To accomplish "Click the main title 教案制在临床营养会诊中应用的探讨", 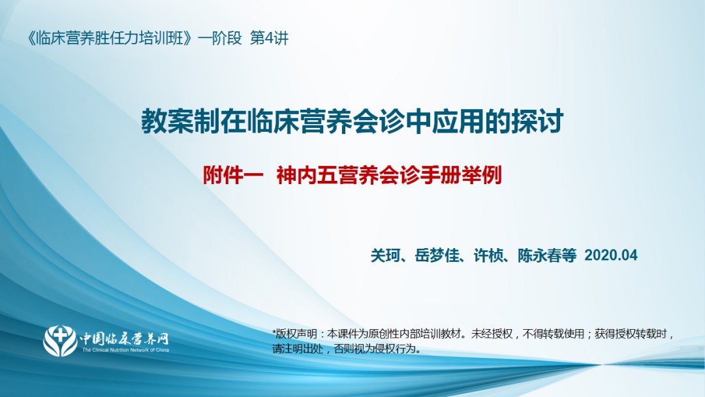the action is point(352,121).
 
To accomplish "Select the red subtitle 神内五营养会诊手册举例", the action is point(389,176).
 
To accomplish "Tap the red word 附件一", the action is point(233,176).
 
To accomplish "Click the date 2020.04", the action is point(610,255).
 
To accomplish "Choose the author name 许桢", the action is point(488,255).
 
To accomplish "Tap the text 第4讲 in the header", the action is point(269,39).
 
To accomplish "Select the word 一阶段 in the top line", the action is point(220,39).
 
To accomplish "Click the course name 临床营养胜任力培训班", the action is point(110,39).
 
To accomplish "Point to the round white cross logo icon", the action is point(60,341).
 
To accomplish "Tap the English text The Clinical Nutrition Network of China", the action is point(125,350).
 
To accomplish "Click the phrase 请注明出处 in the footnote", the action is point(298,349).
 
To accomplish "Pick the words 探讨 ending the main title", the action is point(537,121).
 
